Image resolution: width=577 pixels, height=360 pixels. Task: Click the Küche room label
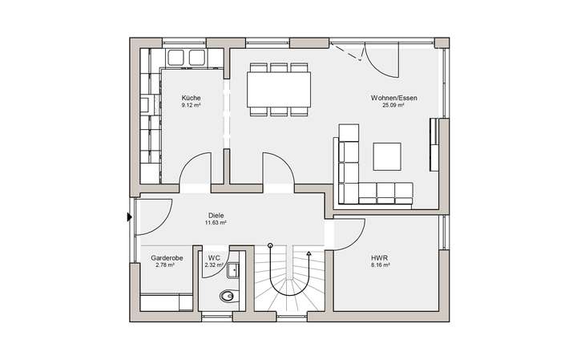[x=190, y=98]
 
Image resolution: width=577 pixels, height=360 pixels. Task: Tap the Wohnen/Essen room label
[x=393, y=98]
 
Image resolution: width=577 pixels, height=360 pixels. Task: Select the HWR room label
[x=379, y=258]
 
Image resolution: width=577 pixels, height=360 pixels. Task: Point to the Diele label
[x=216, y=215]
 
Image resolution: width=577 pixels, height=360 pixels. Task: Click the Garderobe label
[x=167, y=258]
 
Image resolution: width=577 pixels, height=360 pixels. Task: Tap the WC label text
[x=213, y=258]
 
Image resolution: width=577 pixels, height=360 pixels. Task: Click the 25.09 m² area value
[x=393, y=105]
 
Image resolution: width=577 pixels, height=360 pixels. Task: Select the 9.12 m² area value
[x=190, y=105]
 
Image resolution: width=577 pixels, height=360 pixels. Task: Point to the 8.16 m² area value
[x=379, y=265]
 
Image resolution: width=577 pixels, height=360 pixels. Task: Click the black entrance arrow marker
[x=130, y=216]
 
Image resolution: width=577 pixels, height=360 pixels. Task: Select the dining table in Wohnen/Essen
[x=279, y=89]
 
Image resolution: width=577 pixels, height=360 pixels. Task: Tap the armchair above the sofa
[x=349, y=132]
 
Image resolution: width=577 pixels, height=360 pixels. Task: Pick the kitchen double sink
[x=187, y=57]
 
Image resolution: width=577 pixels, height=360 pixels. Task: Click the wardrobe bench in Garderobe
[x=167, y=301]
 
